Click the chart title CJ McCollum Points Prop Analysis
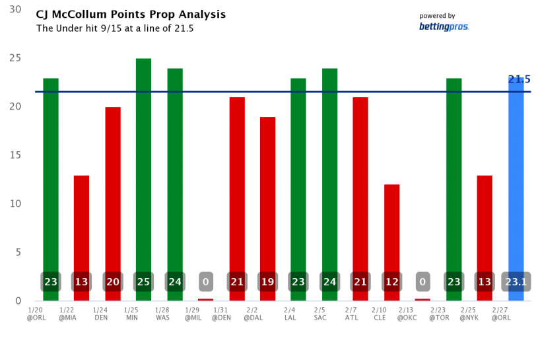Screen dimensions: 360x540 131,15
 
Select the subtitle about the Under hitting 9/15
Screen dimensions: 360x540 115,28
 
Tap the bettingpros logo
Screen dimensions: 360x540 444,26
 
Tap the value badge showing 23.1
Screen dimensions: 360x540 516,282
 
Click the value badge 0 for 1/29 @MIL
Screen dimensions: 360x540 205,282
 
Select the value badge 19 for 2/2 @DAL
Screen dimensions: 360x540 267,282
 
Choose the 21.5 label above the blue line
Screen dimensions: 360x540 519,80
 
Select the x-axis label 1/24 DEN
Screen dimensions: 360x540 100,313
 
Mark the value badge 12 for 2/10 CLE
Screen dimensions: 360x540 391,282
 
